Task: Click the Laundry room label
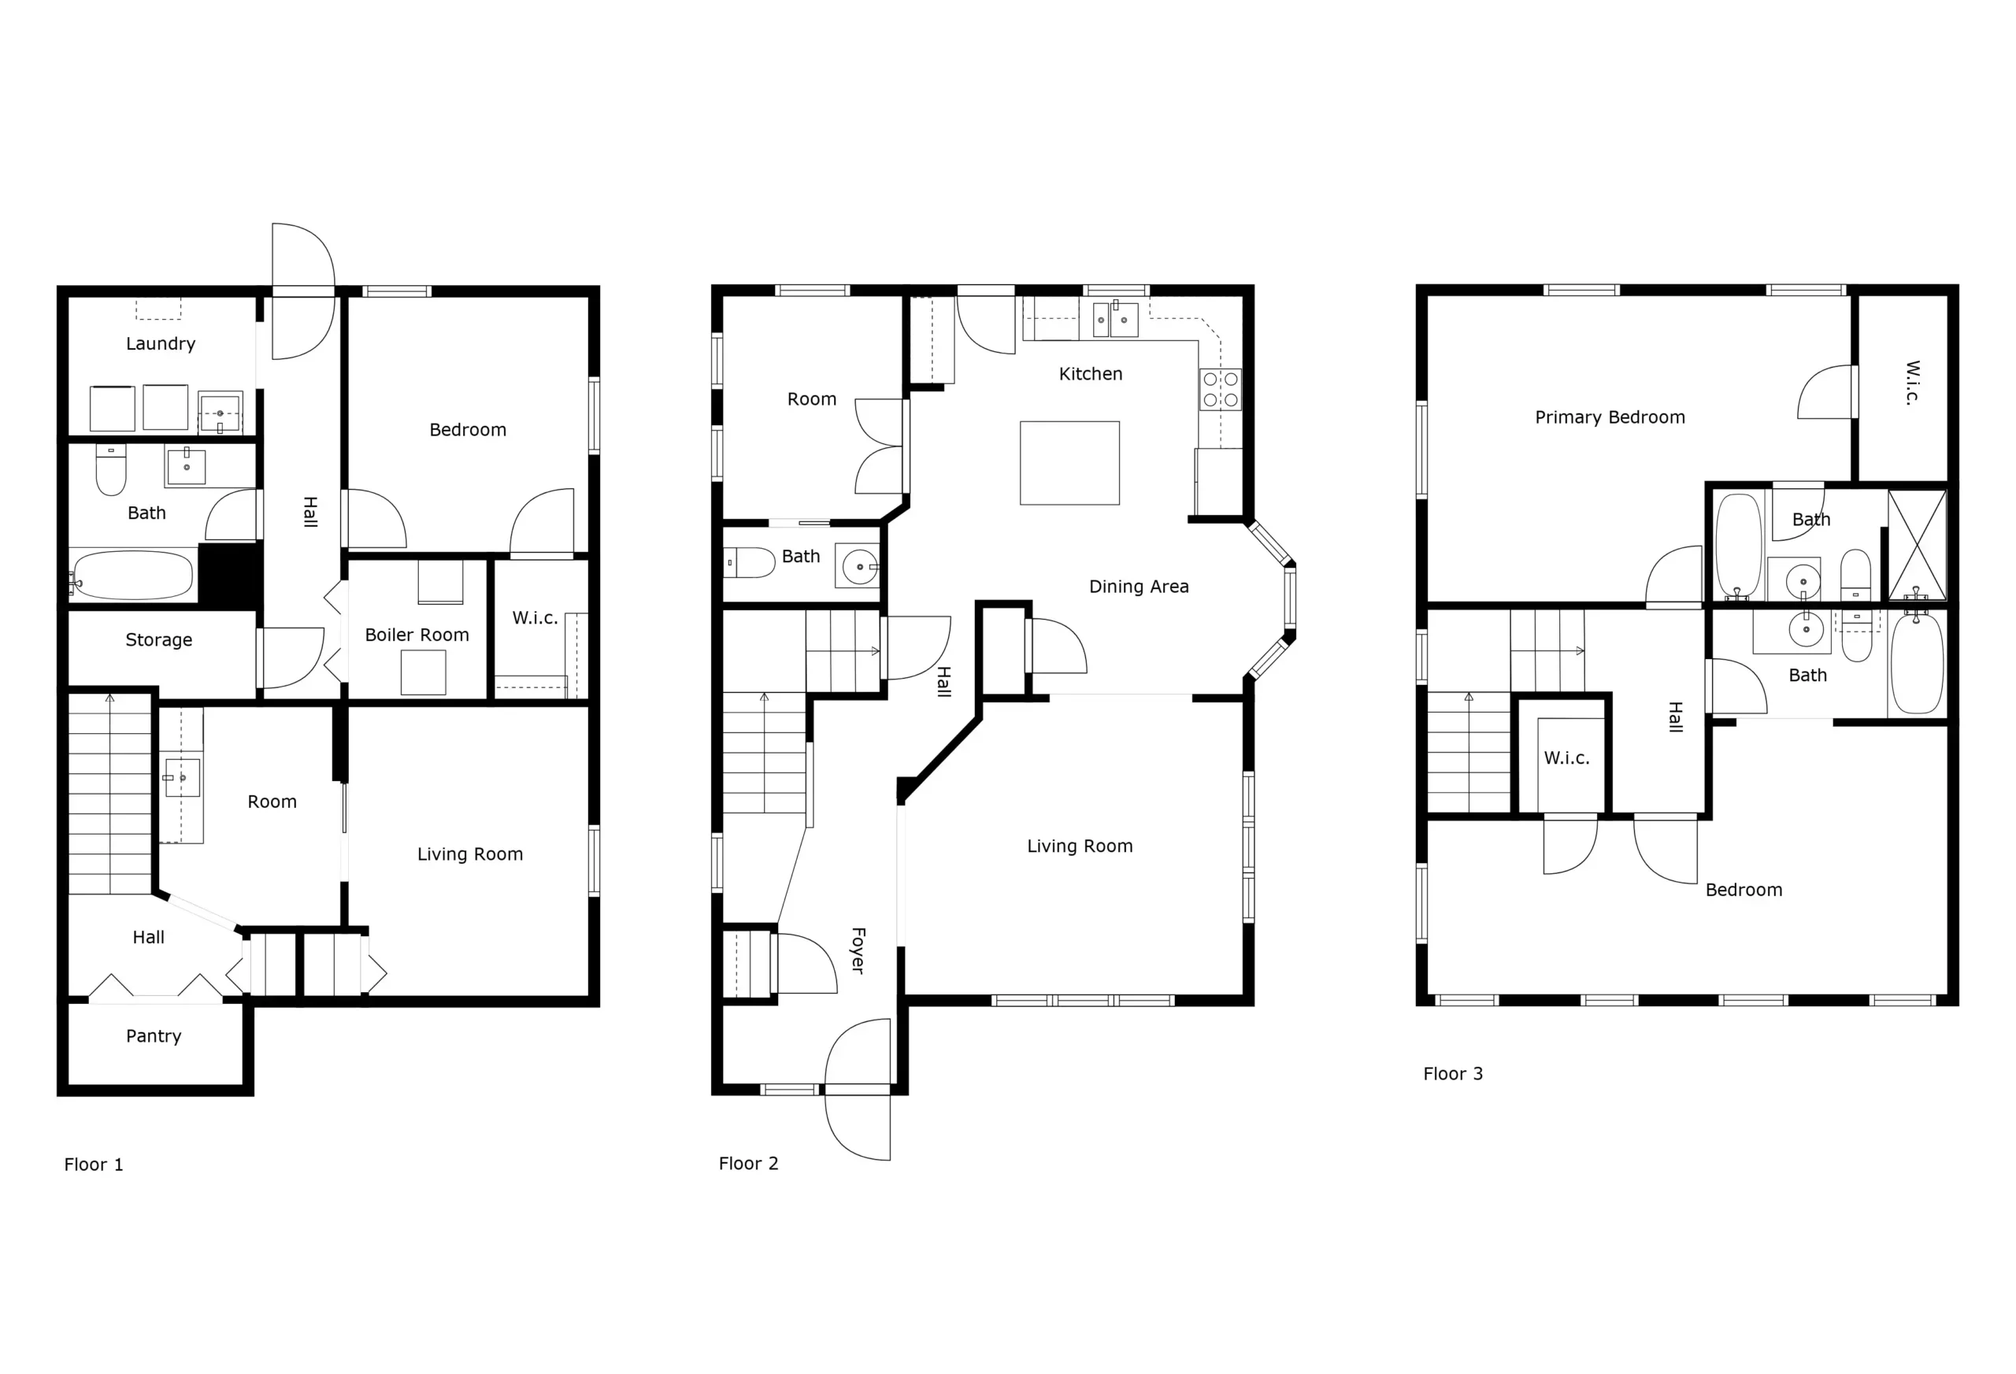(161, 343)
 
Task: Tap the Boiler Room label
(417, 635)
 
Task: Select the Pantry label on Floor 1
(154, 1035)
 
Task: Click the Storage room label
(159, 640)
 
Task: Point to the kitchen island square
(1069, 463)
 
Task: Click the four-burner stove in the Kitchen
(1221, 389)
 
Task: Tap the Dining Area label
(1139, 587)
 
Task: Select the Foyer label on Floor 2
(858, 950)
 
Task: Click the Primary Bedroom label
(1610, 417)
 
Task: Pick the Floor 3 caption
(1453, 1074)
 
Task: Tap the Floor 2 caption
(749, 1164)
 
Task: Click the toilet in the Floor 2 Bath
(750, 563)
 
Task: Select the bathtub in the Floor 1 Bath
(133, 575)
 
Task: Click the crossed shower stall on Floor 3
(1917, 545)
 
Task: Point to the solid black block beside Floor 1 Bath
(230, 574)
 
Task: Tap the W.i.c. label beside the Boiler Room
(535, 618)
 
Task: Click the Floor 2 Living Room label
(1080, 846)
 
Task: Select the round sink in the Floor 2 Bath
(859, 566)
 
